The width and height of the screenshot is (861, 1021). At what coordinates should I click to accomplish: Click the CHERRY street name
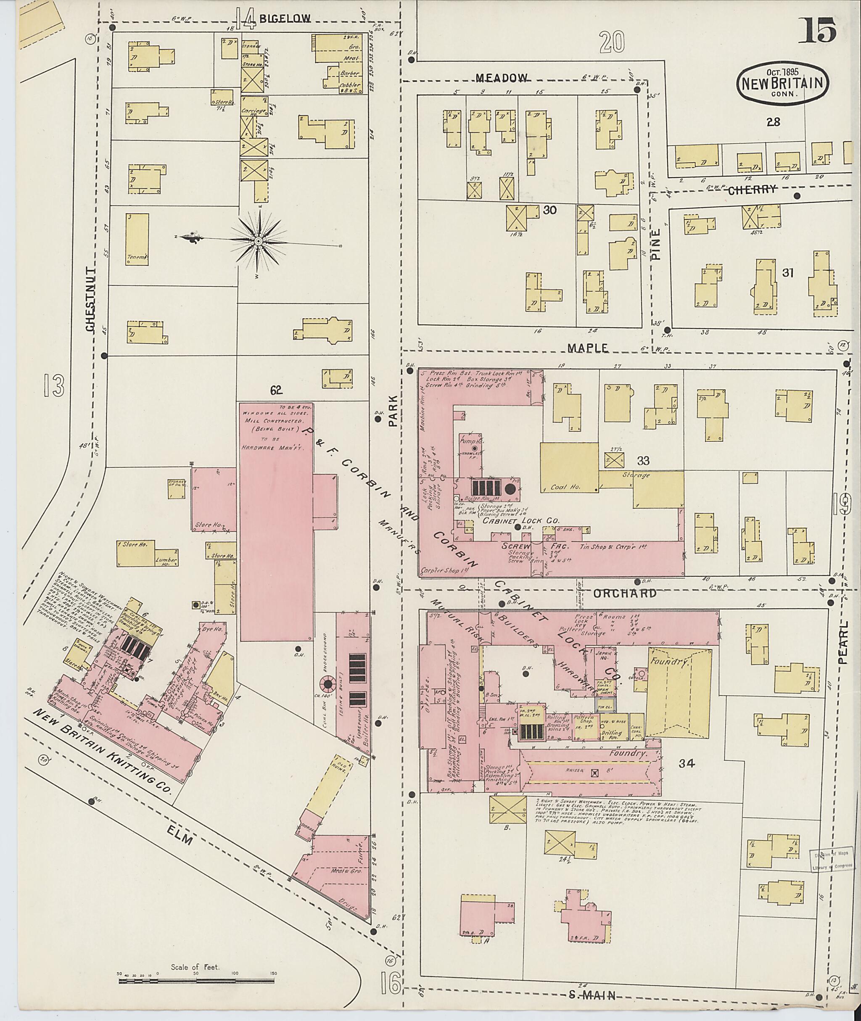click(751, 190)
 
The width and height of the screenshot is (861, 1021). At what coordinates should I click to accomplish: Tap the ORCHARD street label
click(626, 594)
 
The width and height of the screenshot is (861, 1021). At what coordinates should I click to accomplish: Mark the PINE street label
click(655, 245)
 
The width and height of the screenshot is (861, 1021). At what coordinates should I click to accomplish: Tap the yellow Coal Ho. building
click(569, 468)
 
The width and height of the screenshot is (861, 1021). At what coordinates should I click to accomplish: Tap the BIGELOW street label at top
click(285, 19)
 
